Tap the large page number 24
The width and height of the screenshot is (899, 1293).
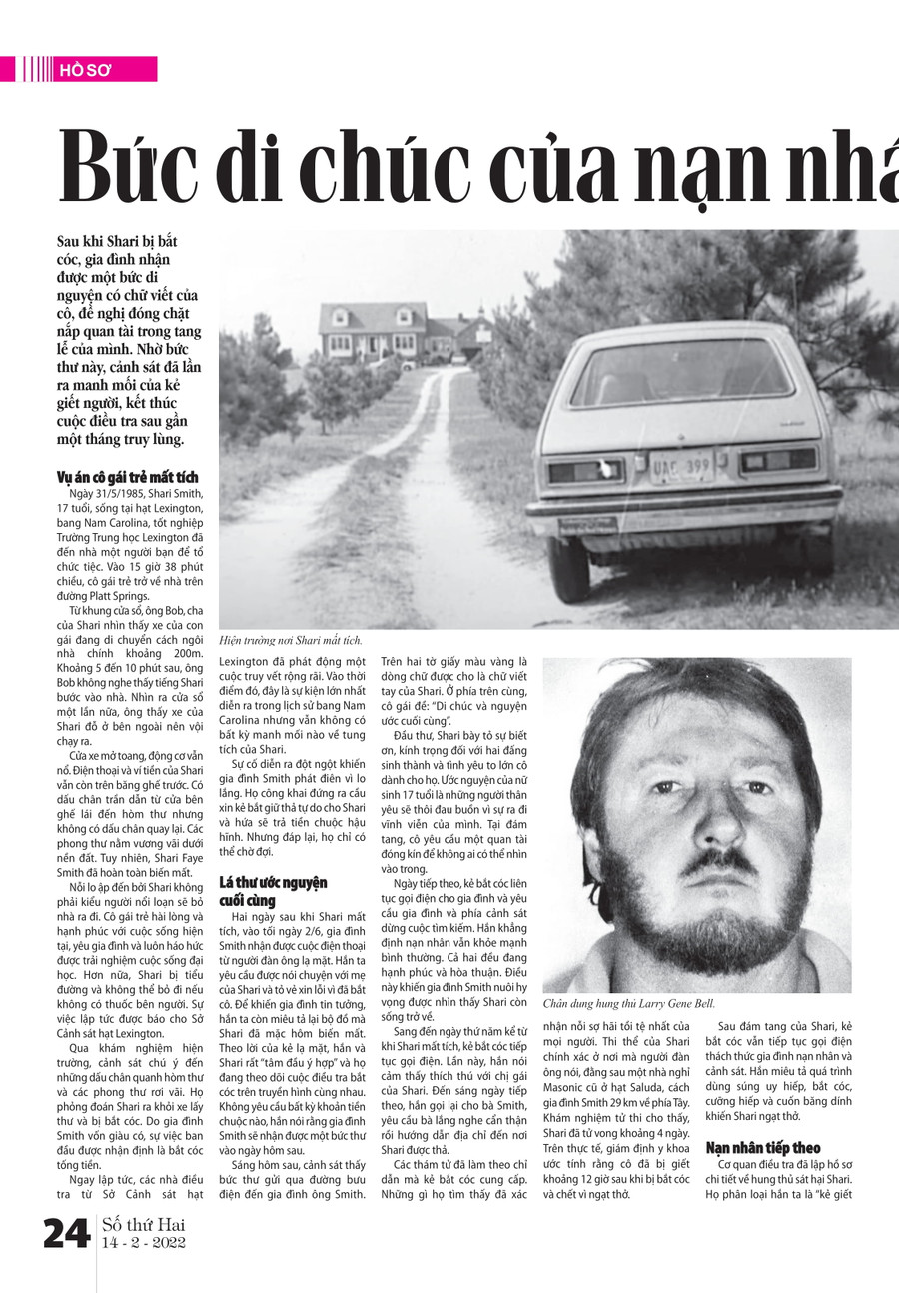pyautogui.click(x=67, y=1235)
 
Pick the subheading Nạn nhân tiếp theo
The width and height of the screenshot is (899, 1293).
pyautogui.click(x=763, y=1147)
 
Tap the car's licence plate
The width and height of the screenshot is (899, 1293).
pyautogui.click(x=681, y=466)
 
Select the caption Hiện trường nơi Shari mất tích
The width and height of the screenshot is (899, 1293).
pyautogui.click(x=290, y=640)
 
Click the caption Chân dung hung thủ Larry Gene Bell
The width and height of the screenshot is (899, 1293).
pyautogui.click(x=629, y=1002)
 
